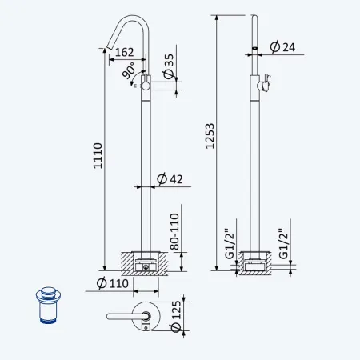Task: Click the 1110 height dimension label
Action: (x=98, y=156)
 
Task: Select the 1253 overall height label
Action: (x=210, y=136)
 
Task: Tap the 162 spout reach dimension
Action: (x=124, y=52)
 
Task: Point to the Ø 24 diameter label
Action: (x=282, y=47)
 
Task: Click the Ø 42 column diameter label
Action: (x=170, y=179)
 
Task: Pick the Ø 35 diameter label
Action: (x=169, y=66)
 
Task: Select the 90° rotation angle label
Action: (x=129, y=70)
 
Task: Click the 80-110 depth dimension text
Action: (x=174, y=231)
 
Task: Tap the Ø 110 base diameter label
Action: (x=113, y=283)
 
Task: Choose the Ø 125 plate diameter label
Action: (x=176, y=317)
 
